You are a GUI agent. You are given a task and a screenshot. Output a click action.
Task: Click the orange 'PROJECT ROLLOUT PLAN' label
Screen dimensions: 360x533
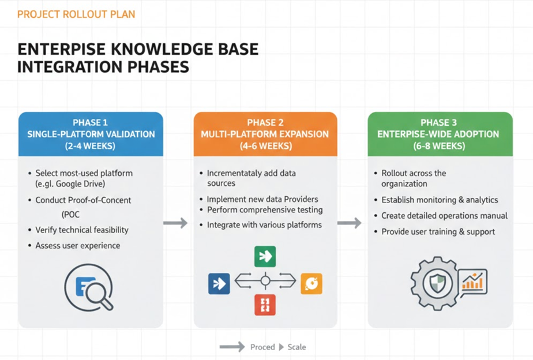click(76, 13)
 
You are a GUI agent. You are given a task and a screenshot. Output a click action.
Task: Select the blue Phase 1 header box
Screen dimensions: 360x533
click(91, 134)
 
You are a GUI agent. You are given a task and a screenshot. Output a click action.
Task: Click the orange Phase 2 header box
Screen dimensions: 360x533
click(265, 134)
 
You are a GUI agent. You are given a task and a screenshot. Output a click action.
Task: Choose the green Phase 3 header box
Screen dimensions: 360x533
click(440, 134)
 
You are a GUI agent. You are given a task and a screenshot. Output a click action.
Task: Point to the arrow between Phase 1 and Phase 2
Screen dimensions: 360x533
click(175, 223)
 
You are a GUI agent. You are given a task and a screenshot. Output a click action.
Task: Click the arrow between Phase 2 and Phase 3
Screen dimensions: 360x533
click(350, 223)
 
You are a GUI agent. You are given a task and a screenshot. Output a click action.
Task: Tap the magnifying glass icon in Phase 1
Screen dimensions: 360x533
click(95, 287)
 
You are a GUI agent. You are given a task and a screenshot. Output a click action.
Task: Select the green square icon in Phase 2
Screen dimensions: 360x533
click(265, 256)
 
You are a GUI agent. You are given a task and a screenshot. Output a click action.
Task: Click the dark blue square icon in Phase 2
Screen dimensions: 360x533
click(219, 283)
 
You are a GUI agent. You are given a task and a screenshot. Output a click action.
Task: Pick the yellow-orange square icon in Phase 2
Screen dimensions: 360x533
click(311, 283)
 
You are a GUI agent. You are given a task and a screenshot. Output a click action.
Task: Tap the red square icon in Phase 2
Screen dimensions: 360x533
click(265, 305)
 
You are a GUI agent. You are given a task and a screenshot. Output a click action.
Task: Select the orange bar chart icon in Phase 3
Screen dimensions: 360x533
click(474, 282)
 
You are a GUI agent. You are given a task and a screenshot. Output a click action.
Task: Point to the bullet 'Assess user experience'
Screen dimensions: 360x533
click(77, 245)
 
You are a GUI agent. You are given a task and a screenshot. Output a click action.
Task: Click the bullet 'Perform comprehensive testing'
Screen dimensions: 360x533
click(265, 209)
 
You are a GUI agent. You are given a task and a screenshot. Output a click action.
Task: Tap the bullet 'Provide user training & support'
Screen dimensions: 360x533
click(438, 231)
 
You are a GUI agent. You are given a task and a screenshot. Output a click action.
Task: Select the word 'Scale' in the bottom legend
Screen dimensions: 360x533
click(296, 347)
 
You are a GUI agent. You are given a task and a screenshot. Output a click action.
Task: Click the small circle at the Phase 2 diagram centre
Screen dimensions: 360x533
click(265, 282)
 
